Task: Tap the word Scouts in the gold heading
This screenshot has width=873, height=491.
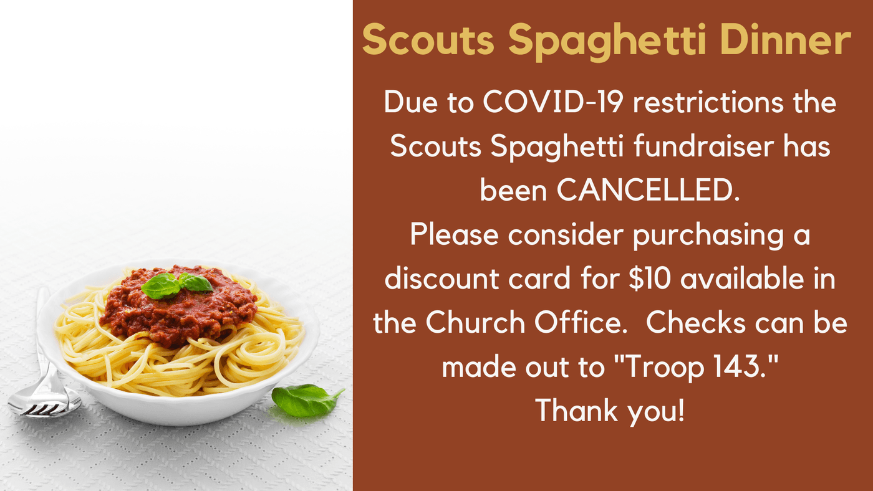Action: pos(428,40)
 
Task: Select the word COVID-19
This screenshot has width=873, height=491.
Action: pos(552,102)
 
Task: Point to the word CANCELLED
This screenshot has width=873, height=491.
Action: pos(649,190)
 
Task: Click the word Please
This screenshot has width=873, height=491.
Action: pos(454,234)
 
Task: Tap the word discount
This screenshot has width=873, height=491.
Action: pos(442,279)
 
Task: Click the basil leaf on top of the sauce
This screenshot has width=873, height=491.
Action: pos(176,285)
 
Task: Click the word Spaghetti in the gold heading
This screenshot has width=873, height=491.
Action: pos(607,42)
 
